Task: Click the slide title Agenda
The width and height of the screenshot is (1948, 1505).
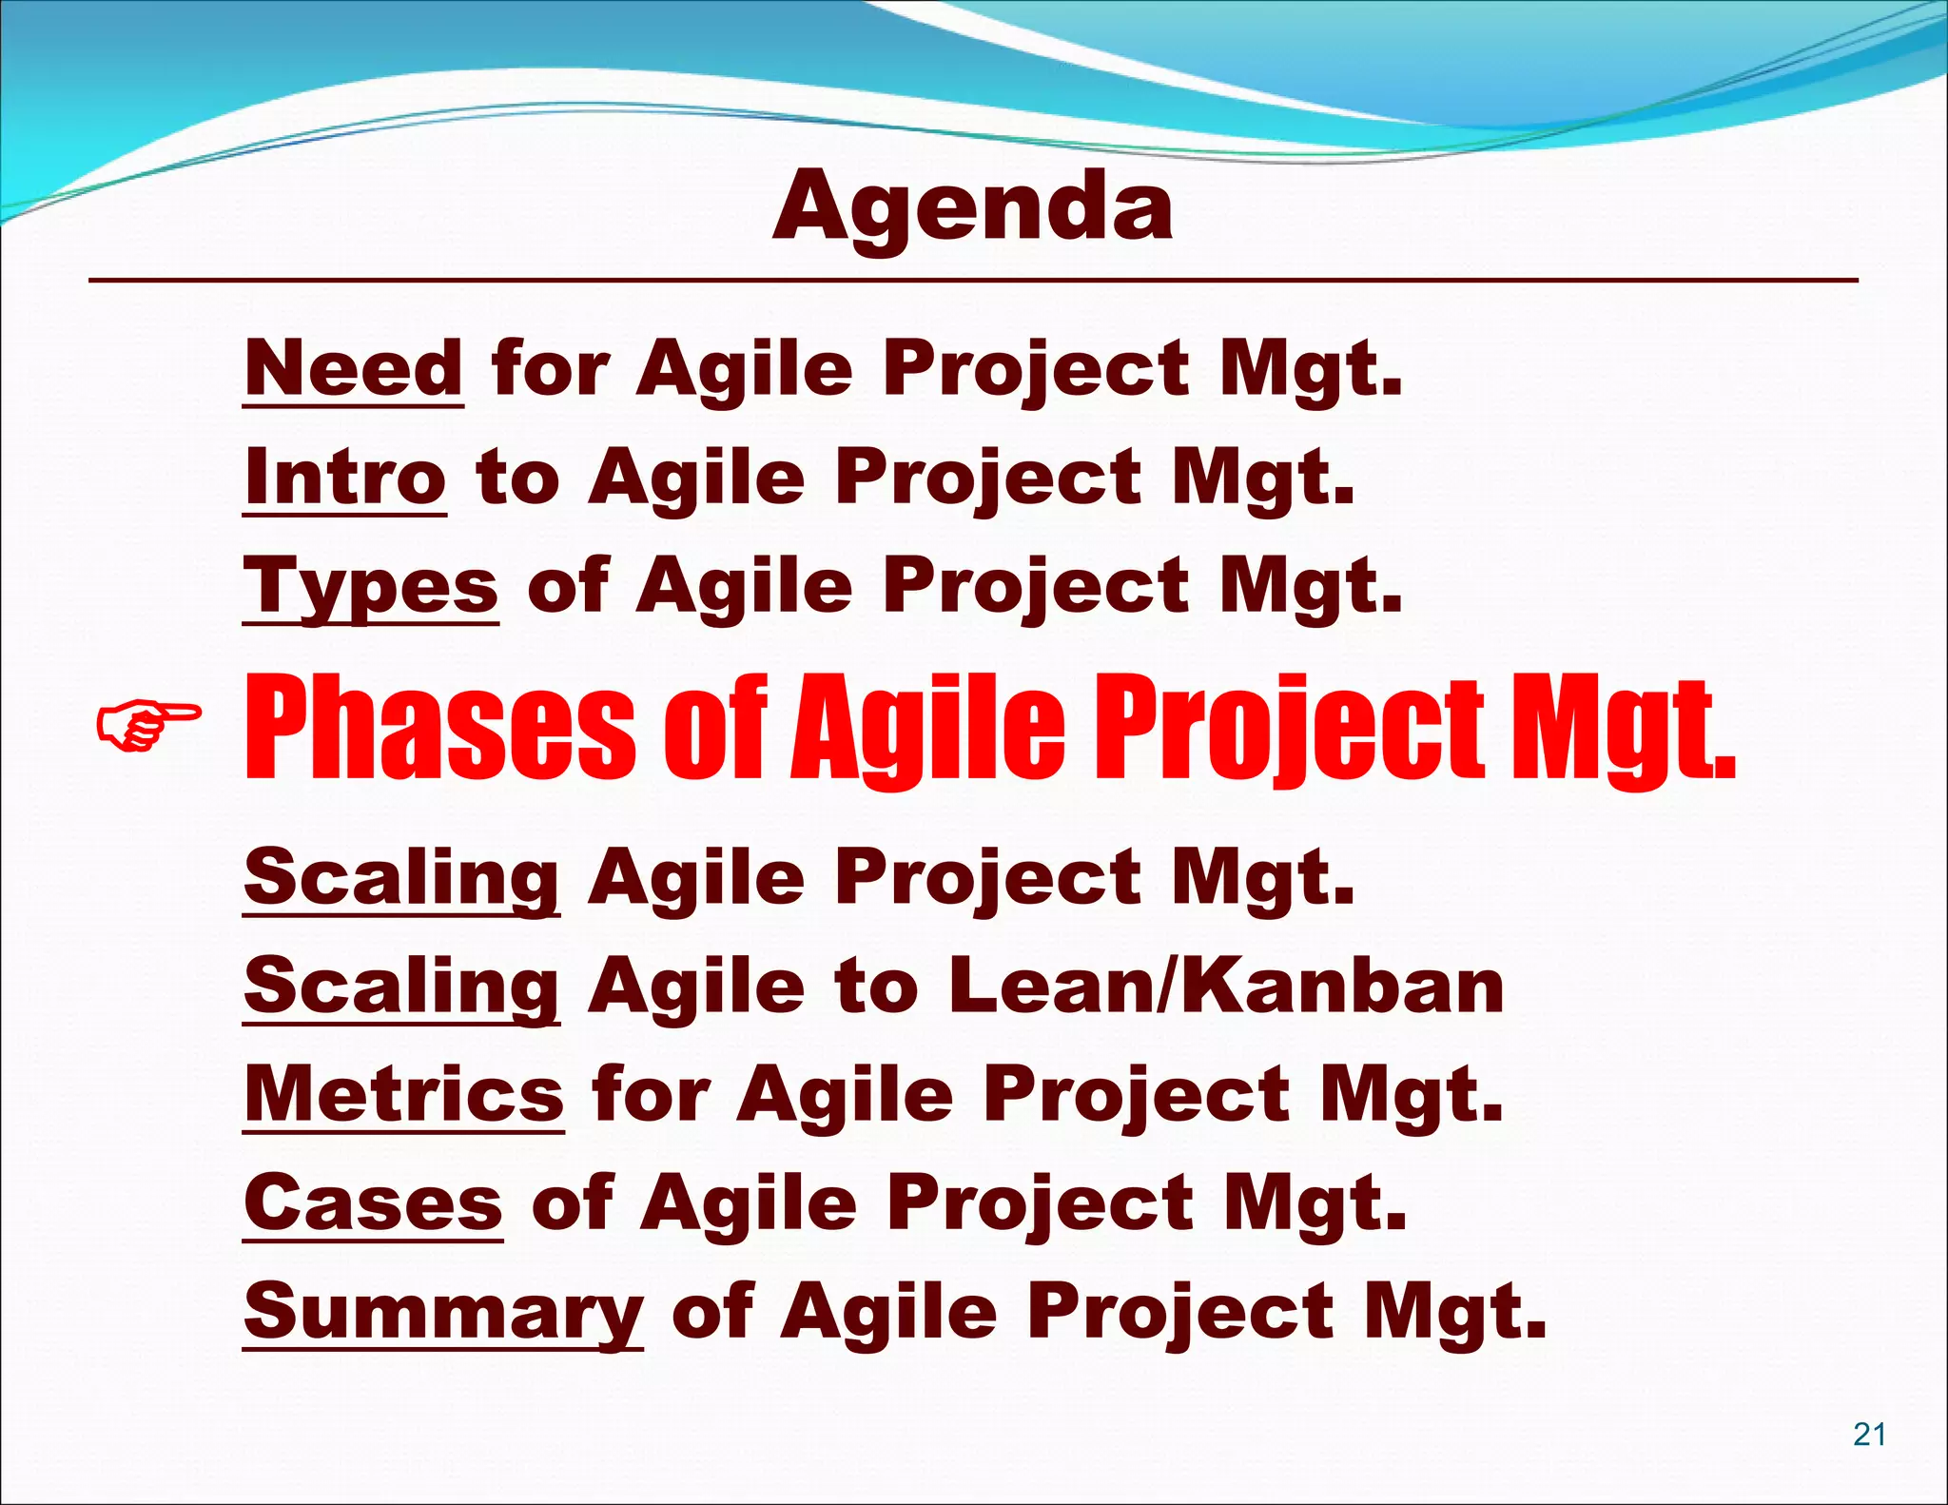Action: [x=972, y=207]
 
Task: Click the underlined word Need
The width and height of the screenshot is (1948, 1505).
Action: [x=353, y=368]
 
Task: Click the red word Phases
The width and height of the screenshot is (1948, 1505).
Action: [x=440, y=728]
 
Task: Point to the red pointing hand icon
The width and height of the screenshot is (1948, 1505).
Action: [x=148, y=725]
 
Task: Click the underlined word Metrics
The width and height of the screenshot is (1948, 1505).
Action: [x=404, y=1094]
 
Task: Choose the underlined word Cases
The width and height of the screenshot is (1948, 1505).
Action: [x=373, y=1202]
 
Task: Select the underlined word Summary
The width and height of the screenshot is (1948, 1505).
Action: [x=443, y=1311]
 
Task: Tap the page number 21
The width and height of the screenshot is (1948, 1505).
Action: [x=1869, y=1434]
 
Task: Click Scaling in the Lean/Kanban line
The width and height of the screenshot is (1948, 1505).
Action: [x=401, y=986]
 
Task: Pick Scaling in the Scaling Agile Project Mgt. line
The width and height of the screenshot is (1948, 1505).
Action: [x=401, y=877]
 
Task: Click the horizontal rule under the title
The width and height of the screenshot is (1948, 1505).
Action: [x=972, y=281]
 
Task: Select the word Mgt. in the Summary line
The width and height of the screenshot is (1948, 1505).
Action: [x=1454, y=1311]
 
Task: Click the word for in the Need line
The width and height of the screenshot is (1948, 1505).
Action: [x=550, y=368]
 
